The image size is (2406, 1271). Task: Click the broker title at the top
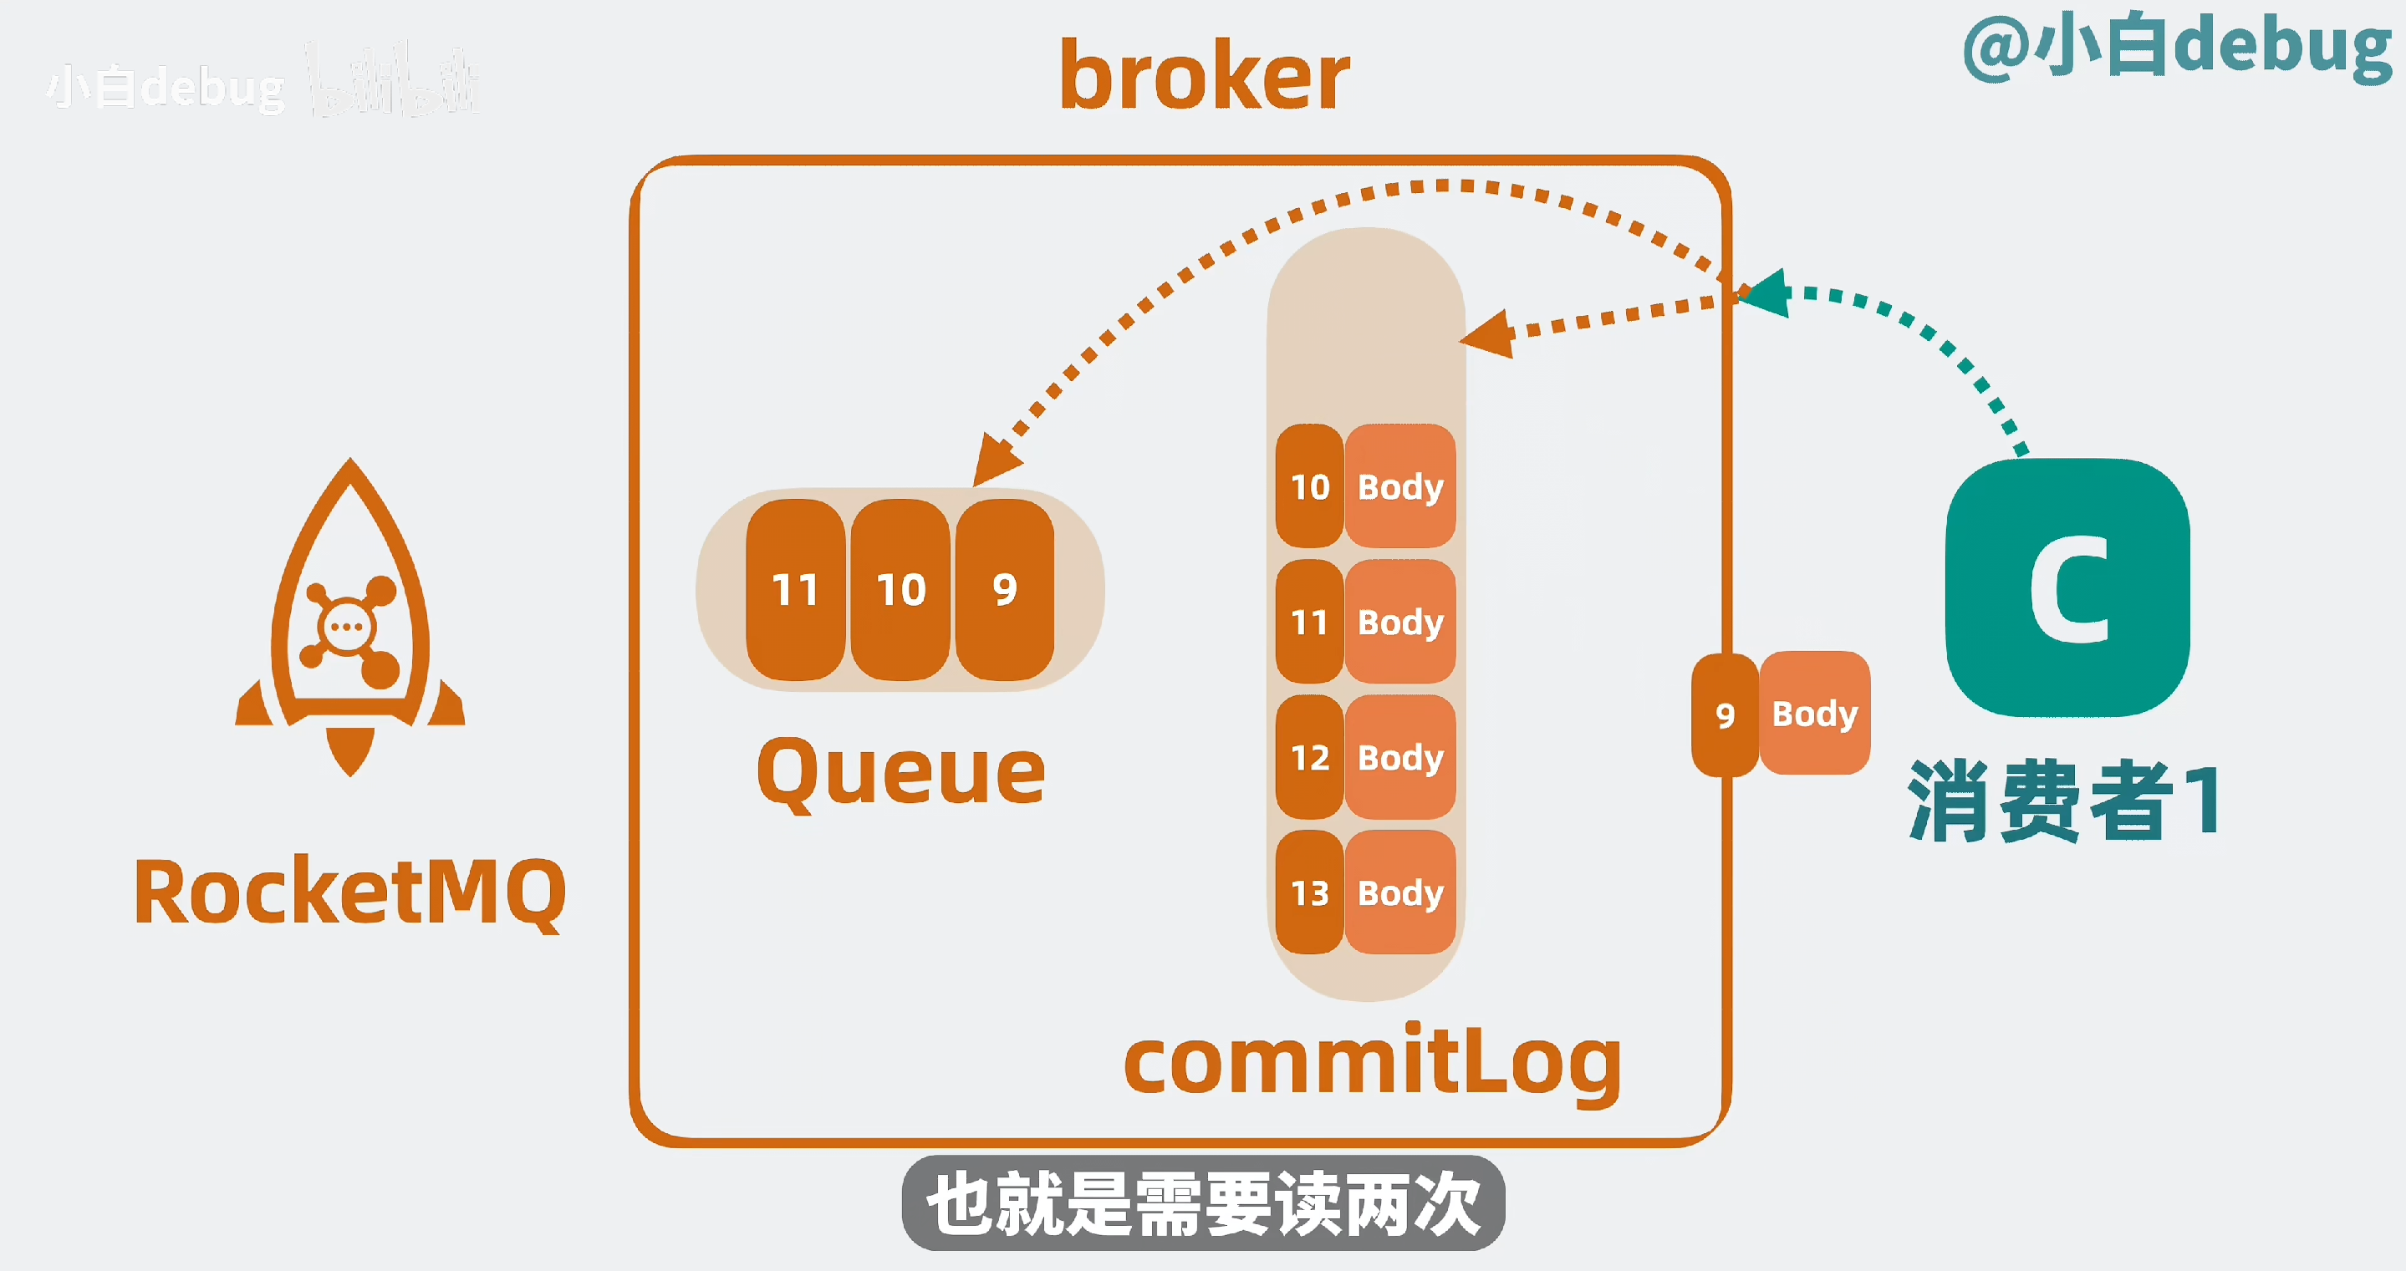[1204, 77]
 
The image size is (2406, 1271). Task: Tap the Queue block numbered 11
[795, 590]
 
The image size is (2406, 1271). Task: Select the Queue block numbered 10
[900, 590]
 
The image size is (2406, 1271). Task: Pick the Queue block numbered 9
[1005, 590]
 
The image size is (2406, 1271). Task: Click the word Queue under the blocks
[900, 771]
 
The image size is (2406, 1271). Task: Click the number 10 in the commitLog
[1309, 486]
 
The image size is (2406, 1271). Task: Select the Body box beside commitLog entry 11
[1400, 622]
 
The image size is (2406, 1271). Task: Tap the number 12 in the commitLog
[1309, 757]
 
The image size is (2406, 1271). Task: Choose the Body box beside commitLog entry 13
[1400, 892]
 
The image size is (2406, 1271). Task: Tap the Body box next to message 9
[1815, 714]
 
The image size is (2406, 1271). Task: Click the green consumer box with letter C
[2068, 588]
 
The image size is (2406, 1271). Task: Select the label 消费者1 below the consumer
[2064, 801]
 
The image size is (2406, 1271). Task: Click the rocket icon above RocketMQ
[350, 617]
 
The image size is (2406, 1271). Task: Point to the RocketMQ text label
[350, 892]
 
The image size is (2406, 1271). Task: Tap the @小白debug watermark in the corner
[2177, 47]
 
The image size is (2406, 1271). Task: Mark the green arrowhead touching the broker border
[1766, 294]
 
